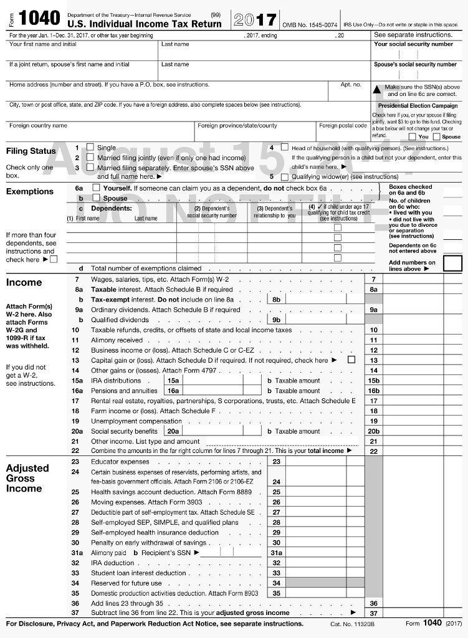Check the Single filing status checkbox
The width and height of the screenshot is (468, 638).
(x=90, y=148)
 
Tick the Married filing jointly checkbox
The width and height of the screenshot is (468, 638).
(x=90, y=158)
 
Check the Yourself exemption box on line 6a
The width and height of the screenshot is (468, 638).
(x=96, y=188)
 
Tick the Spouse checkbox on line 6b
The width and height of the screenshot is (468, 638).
(x=96, y=198)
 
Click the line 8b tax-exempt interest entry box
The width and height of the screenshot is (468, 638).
(x=317, y=300)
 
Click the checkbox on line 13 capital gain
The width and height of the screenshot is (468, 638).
(x=351, y=360)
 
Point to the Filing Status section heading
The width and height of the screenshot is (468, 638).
(x=31, y=151)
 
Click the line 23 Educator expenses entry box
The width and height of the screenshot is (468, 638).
(x=317, y=462)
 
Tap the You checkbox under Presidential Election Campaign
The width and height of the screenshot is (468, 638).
(x=412, y=136)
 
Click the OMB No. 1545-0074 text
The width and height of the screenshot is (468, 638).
(x=310, y=24)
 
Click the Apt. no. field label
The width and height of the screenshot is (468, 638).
(x=350, y=85)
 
